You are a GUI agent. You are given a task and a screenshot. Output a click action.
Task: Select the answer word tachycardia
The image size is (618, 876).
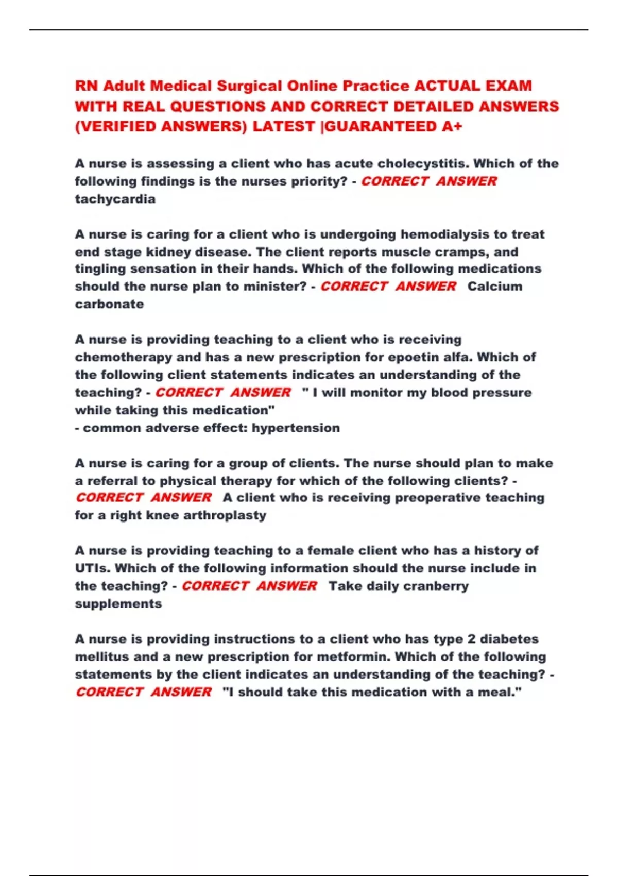115,199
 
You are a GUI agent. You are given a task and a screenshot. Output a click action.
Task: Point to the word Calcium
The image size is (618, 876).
494,287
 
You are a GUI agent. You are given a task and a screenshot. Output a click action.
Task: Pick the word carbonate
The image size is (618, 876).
109,304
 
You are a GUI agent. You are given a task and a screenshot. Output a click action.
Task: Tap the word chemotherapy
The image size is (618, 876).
124,357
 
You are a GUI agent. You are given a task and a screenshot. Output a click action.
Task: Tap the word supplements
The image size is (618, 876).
118,604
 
